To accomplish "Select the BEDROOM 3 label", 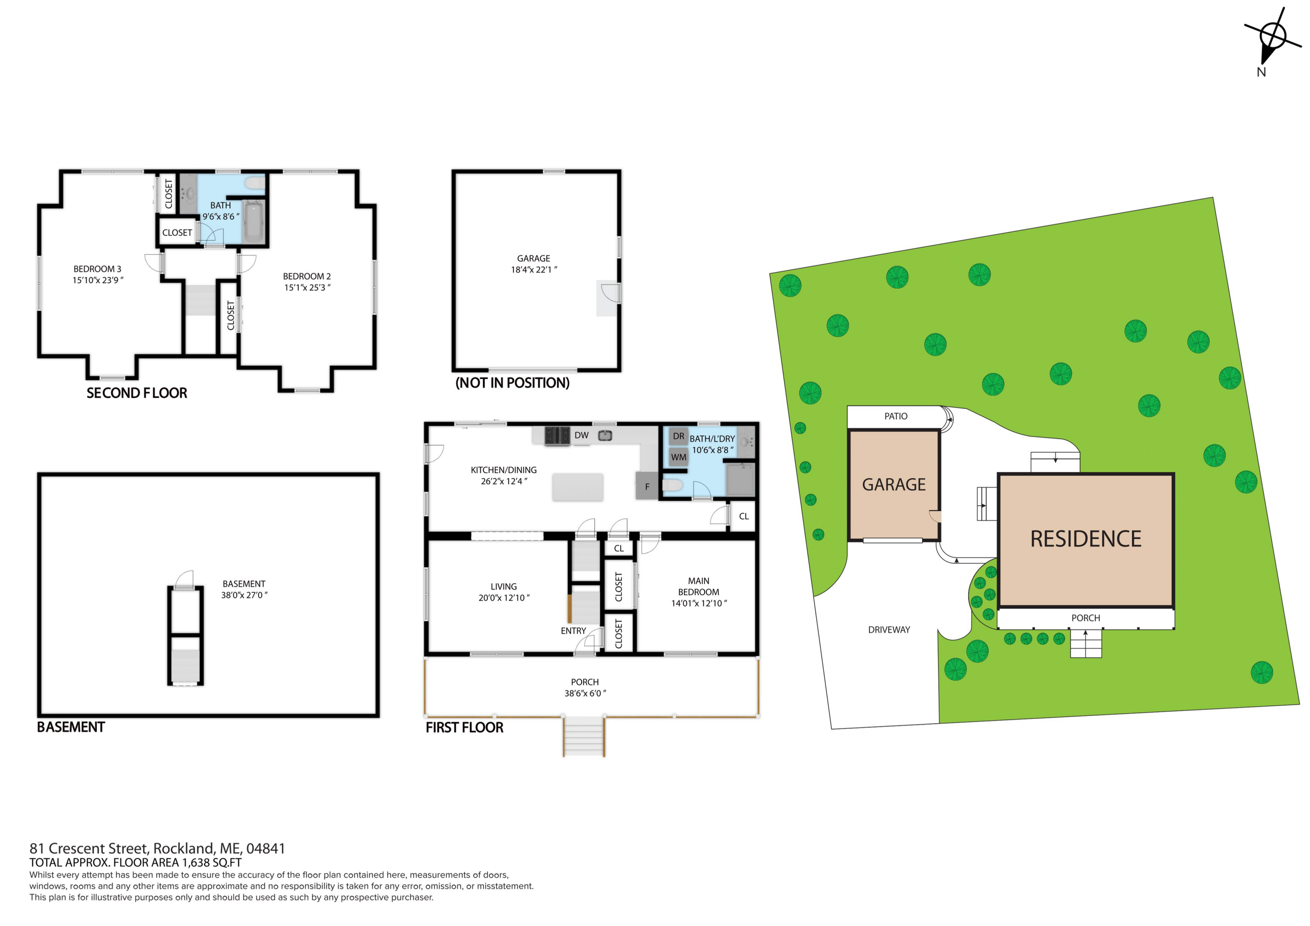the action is [97, 269].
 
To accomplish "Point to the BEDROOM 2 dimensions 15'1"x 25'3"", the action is [307, 287].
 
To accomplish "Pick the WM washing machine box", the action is [679, 457].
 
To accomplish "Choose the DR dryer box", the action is [679, 436].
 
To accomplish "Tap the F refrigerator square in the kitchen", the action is [647, 486].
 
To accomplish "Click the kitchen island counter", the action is [577, 487].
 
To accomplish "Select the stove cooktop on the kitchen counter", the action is [558, 436].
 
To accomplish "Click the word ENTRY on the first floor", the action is [573, 631].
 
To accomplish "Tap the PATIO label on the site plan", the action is [896, 416].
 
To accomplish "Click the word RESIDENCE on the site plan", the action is [1086, 539].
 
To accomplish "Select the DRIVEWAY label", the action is [889, 630].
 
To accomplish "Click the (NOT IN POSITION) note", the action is [512, 382].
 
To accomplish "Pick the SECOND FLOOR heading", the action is [137, 393].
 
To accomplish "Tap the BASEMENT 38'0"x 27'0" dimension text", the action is [244, 595].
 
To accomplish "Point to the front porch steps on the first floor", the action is [584, 736].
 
